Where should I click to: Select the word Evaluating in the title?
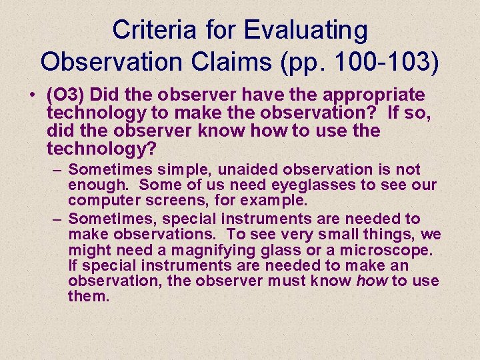(x=306, y=30)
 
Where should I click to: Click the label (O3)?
(x=67, y=95)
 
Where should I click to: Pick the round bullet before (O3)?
(x=33, y=95)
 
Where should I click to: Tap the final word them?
(x=88, y=296)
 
